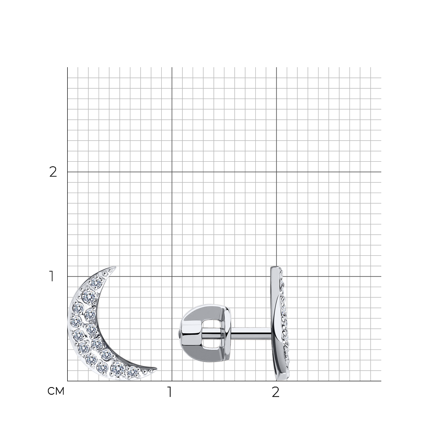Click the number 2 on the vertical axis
coord(53,172)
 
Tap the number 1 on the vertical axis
coord(52,276)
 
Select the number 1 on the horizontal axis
coord(170,392)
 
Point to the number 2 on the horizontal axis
coord(276,392)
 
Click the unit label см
coord(56,391)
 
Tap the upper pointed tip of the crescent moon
coord(116,267)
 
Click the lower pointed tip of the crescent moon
coord(156,369)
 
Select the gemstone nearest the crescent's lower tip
coord(132,372)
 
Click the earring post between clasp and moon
coord(250,333)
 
